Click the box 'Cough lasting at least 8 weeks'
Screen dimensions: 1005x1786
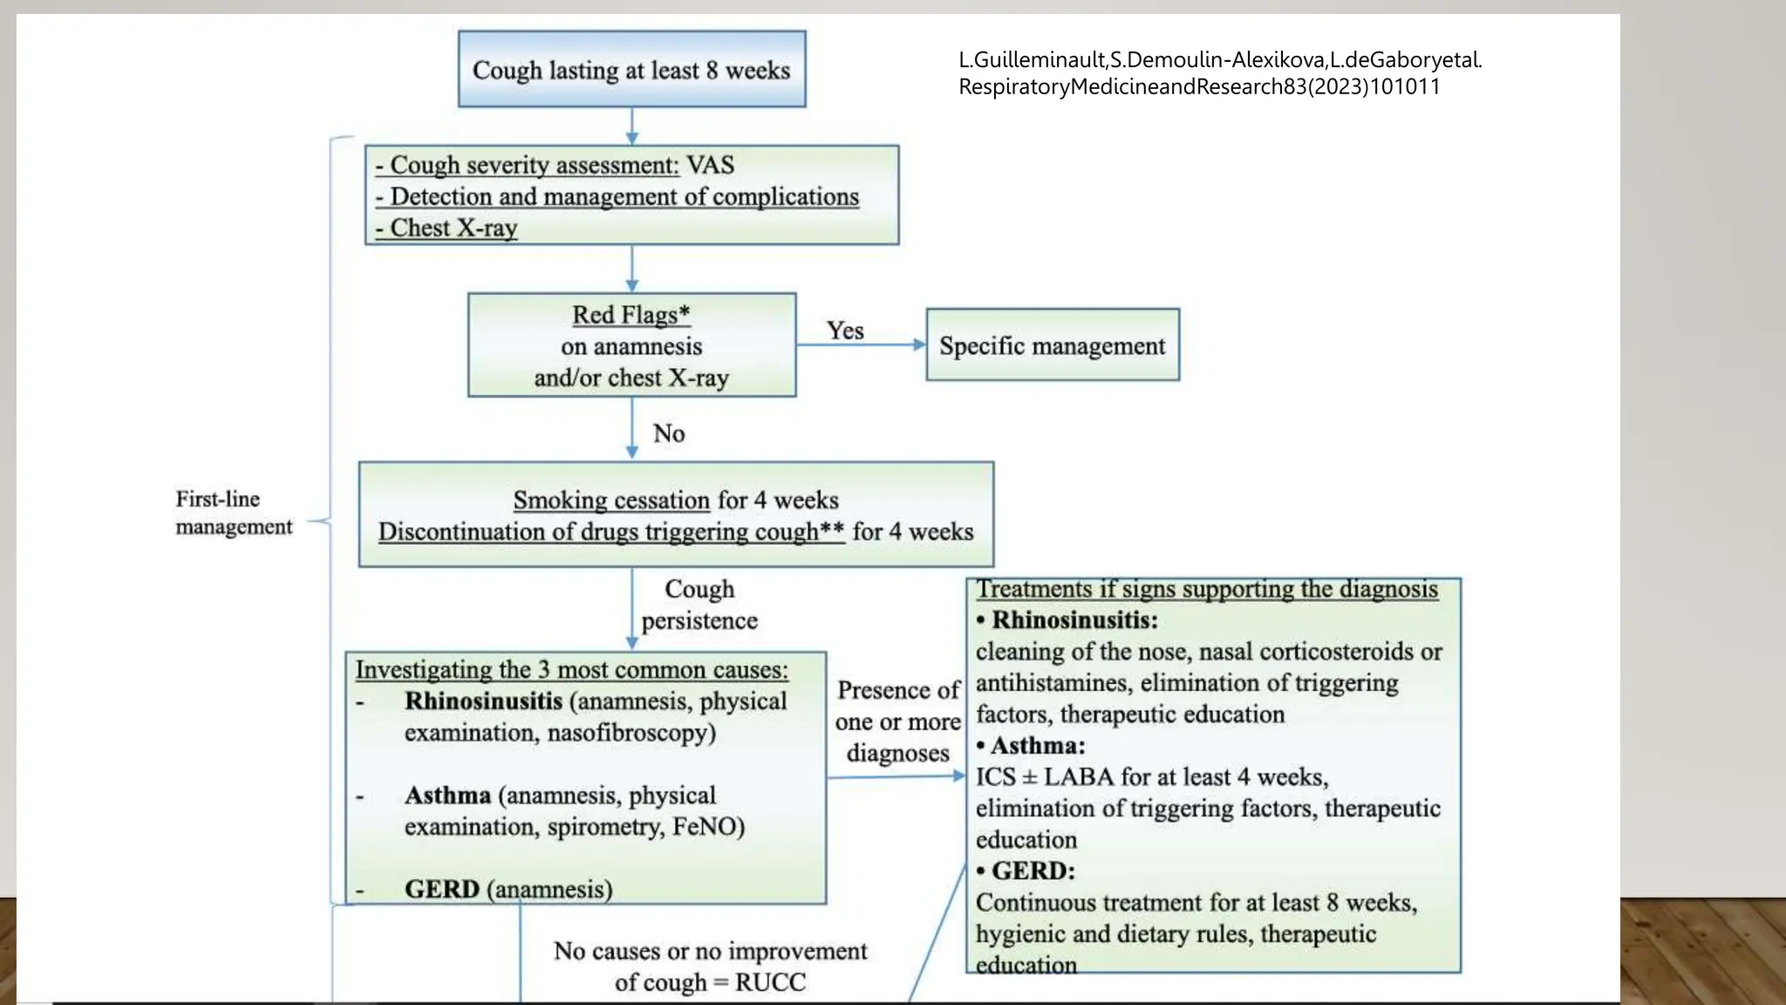[x=631, y=70]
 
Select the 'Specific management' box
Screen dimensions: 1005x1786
[x=1052, y=345]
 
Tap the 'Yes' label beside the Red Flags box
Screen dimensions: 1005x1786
[x=845, y=331]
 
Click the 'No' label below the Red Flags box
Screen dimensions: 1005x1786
[x=669, y=434]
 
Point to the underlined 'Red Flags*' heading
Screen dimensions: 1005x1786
[x=631, y=314]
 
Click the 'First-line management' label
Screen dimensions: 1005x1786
[x=233, y=513]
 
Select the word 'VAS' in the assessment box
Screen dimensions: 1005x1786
[x=710, y=165]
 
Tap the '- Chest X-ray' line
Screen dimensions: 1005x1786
[x=446, y=228]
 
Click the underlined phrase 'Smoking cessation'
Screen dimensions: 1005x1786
[x=610, y=500]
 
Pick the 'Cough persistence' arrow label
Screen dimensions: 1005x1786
[x=699, y=605]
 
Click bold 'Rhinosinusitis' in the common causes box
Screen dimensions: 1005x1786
[x=483, y=701]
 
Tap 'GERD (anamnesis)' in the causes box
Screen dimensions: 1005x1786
[x=508, y=889]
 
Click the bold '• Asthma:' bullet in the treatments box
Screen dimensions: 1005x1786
[x=1031, y=746]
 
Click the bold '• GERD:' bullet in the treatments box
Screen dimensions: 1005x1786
[x=1026, y=871]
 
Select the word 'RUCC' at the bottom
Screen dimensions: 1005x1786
[x=770, y=982]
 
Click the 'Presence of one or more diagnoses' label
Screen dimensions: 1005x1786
[x=897, y=721]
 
